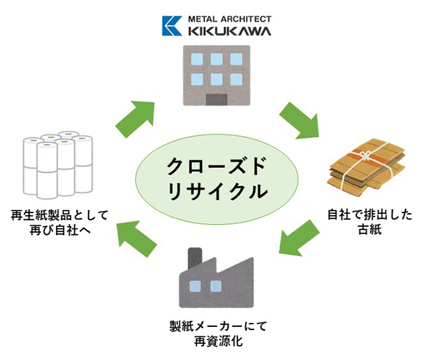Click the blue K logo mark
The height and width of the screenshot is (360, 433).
coord(172,26)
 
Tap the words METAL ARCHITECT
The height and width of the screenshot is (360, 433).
coord(229,19)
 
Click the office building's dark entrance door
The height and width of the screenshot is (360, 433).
coord(216,99)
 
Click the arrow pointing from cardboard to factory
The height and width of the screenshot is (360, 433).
coord(299,238)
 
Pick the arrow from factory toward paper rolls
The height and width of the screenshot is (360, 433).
coord(136,239)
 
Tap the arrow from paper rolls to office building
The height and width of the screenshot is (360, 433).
coord(135,119)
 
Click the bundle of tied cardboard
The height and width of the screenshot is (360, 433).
coord(366,168)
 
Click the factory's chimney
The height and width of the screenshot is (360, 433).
coord(195,258)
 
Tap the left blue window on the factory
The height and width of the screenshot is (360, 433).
coord(195,286)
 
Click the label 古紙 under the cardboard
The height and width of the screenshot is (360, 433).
coord(370,229)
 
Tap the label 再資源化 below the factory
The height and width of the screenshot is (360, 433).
coord(218,341)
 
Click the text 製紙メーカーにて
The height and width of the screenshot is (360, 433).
coord(218,326)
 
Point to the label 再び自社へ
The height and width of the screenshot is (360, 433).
coord(60,230)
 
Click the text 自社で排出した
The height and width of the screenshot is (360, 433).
coord(370,215)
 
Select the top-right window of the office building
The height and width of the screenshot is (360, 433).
coord(236,59)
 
